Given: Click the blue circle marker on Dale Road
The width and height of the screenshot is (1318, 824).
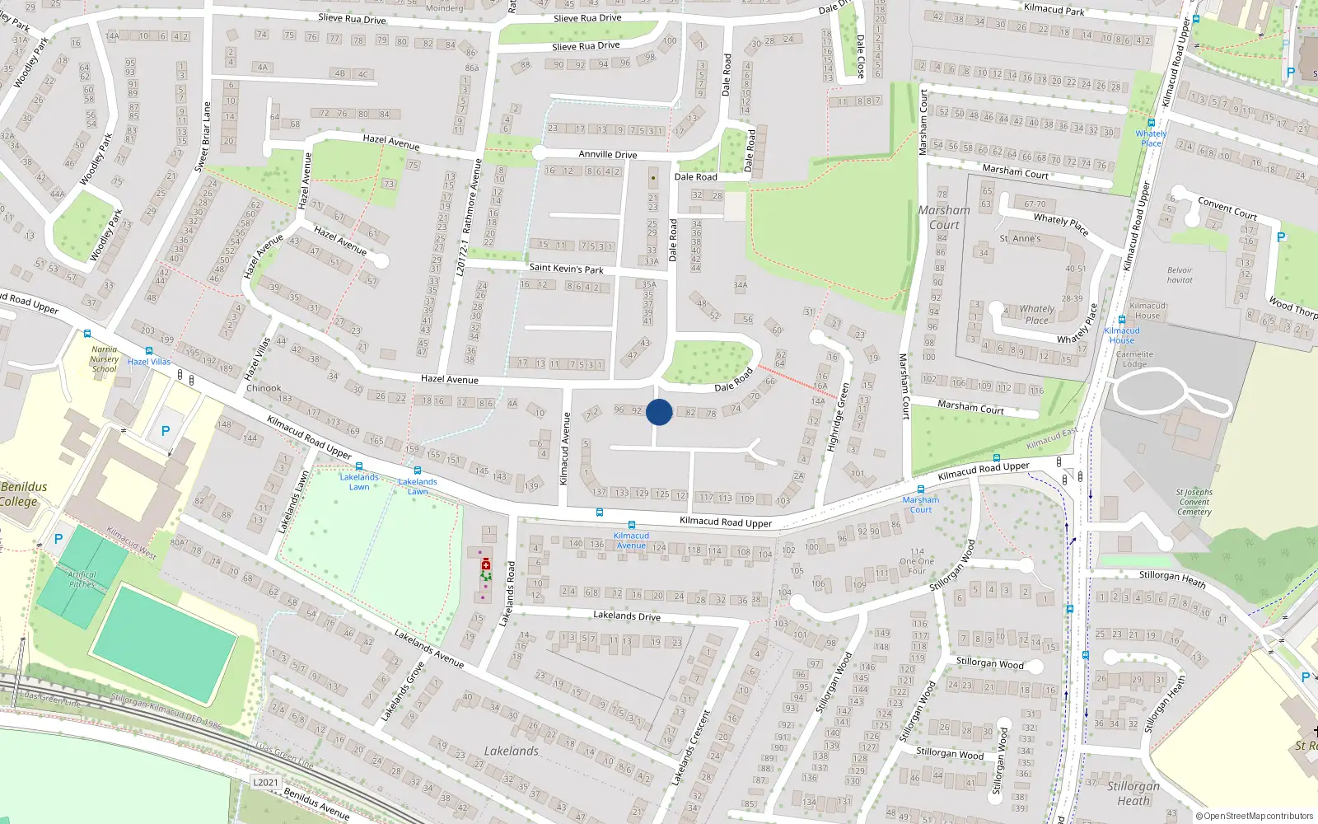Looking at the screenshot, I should (x=659, y=412).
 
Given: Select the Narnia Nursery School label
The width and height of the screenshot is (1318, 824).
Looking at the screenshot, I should (x=104, y=359).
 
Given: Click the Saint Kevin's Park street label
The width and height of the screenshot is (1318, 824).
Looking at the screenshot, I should (x=566, y=268).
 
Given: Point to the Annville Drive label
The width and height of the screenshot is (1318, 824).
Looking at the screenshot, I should (x=607, y=154).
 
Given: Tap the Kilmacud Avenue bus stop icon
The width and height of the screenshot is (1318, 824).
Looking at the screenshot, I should (x=632, y=525).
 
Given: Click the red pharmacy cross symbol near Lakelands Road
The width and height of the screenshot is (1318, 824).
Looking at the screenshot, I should (x=486, y=564).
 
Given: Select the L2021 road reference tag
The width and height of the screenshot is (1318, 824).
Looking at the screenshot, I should (x=265, y=782).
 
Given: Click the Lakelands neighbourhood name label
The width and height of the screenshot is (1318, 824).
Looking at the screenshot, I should (x=511, y=751).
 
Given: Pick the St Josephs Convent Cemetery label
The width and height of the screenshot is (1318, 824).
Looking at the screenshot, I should (x=1194, y=502).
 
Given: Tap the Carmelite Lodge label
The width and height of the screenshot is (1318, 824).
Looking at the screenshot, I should (x=1134, y=359).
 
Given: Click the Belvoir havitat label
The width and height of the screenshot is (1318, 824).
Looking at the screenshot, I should (x=1180, y=275).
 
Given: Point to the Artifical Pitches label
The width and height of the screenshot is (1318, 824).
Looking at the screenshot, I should (x=82, y=579).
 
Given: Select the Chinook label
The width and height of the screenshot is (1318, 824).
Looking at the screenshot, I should (x=264, y=388).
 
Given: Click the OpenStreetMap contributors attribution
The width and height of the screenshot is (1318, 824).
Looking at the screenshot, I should (x=1255, y=817).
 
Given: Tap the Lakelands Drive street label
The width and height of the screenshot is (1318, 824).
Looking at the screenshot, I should (x=626, y=616).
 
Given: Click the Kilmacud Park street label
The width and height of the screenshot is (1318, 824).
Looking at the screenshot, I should (x=1054, y=9).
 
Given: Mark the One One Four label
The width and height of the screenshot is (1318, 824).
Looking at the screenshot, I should (x=917, y=561).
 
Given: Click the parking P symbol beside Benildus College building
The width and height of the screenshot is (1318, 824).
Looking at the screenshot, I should (x=166, y=431).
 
